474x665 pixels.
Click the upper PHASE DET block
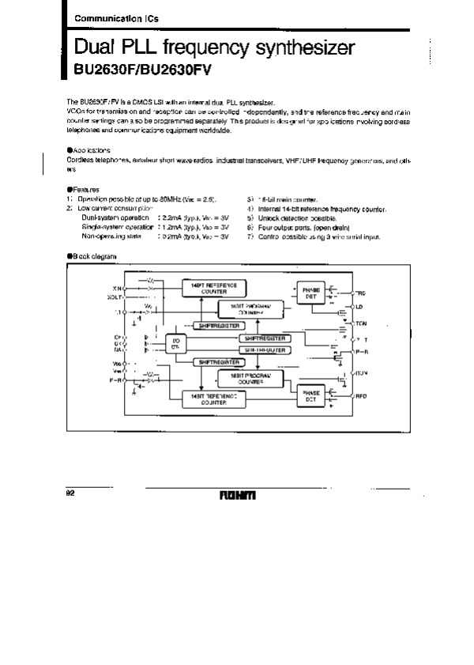(310, 293)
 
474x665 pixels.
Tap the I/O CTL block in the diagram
(175, 345)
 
